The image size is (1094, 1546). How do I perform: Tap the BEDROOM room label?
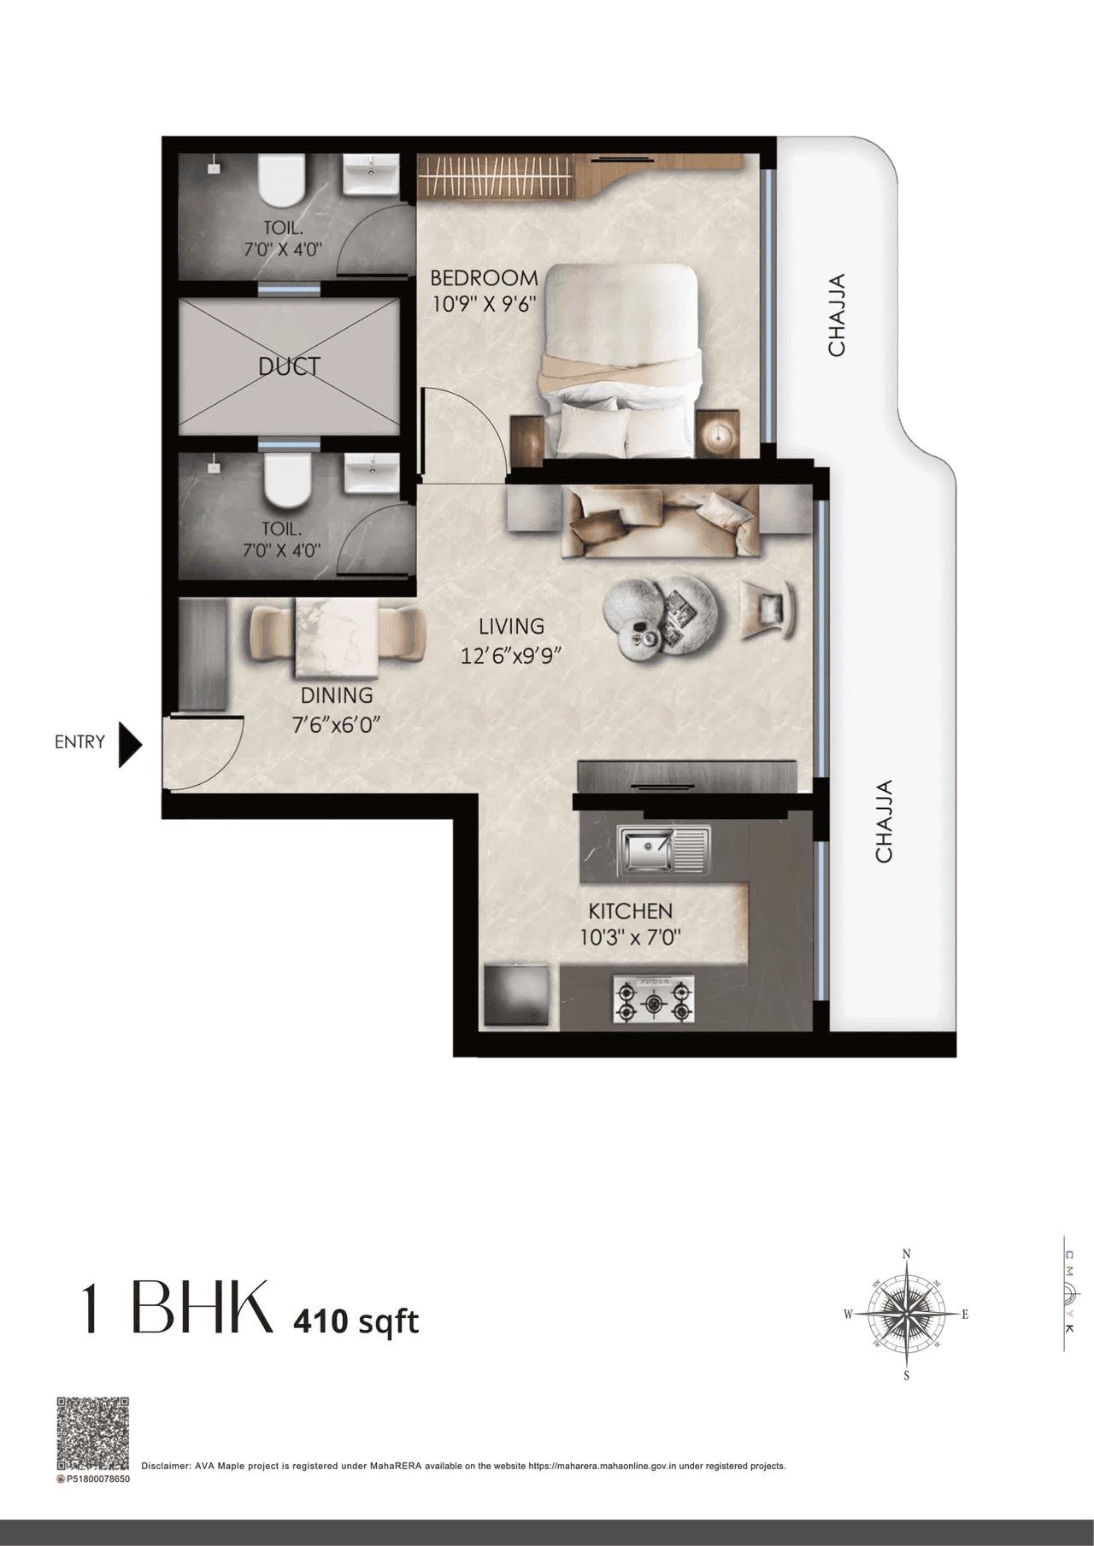pos(484,278)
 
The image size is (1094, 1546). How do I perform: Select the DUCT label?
pos(289,366)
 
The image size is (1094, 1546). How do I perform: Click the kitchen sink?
pos(663,851)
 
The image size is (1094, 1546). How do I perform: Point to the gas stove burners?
pos(654,1001)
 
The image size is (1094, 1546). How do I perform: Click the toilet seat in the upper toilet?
pos(282,180)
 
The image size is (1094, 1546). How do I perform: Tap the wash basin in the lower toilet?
pos(371,472)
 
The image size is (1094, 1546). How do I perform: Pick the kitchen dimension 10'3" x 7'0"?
pos(630,937)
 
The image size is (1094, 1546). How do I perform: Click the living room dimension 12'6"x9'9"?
pos(510,655)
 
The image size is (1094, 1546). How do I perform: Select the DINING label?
pos(337,695)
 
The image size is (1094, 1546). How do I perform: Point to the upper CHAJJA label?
pos(837,315)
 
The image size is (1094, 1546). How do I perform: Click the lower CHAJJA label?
pos(884,821)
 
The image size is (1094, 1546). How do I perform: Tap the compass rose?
pos(906,1314)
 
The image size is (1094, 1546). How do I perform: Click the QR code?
pos(92,1433)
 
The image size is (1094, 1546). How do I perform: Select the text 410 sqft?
pos(356,1321)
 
